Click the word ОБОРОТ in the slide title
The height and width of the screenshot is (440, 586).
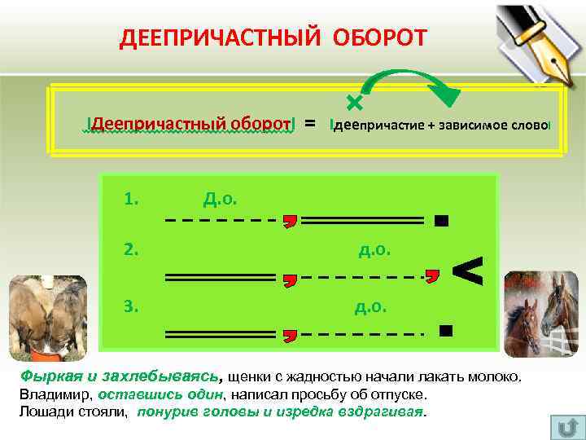point(379,38)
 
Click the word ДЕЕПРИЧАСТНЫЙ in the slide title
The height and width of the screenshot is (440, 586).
point(222,38)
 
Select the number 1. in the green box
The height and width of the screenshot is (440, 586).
point(132,198)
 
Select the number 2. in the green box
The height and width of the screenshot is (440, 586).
point(132,249)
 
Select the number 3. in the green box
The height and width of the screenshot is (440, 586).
point(132,306)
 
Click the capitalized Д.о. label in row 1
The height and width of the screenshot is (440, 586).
point(220,198)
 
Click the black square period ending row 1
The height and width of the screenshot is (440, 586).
point(441,220)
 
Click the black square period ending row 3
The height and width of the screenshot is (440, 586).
point(444,330)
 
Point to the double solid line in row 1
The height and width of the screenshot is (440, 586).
point(368,220)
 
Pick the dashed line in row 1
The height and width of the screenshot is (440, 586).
point(218,220)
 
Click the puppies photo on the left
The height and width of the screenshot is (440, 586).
point(47,316)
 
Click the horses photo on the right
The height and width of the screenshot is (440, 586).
point(540,313)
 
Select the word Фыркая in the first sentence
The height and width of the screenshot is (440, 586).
point(46,377)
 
